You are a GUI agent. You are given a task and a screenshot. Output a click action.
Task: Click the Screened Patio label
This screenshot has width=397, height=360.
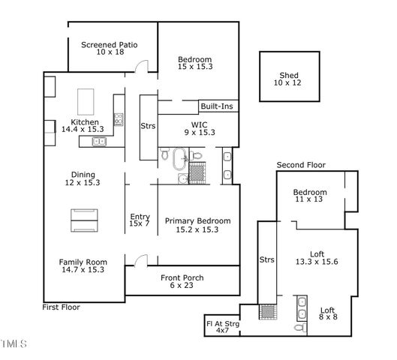[112, 49]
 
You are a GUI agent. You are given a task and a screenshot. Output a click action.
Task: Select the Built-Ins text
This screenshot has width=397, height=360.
[216, 106]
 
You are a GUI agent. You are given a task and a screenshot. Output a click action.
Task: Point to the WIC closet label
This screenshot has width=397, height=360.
[199, 128]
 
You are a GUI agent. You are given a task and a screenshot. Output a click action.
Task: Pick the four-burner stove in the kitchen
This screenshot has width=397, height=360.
[118, 118]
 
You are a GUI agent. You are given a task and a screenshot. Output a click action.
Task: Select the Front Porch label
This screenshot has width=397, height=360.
[182, 282]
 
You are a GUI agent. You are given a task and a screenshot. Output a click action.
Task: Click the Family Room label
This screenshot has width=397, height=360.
[81, 265]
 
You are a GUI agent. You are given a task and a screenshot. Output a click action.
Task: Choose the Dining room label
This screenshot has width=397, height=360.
[83, 178]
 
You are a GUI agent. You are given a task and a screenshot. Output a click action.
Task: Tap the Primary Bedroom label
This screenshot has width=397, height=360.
[197, 225]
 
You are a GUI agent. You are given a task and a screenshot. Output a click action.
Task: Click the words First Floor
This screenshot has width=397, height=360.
[62, 307]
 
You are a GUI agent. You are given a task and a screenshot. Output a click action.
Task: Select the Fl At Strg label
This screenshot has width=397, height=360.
[222, 327]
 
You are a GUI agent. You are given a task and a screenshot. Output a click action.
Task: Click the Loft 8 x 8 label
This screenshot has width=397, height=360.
[327, 313]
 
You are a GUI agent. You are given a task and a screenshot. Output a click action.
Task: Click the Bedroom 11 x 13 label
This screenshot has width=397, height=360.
[309, 196]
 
